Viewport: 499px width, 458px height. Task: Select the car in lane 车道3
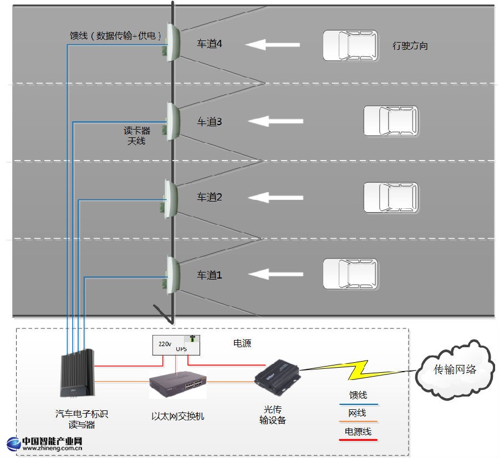[x=391, y=121]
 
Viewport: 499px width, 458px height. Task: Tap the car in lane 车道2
[x=391, y=197]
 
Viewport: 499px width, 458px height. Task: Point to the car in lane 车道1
[x=350, y=274]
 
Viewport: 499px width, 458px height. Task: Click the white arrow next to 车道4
[x=273, y=45]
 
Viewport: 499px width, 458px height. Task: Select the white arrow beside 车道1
[x=276, y=274]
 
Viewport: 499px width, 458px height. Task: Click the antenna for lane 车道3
[x=172, y=120]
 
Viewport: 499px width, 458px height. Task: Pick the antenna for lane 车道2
[x=171, y=198]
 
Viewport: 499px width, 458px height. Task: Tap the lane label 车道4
[x=210, y=44]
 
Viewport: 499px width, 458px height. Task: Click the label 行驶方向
[x=410, y=46]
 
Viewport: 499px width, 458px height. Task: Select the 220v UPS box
[x=176, y=344]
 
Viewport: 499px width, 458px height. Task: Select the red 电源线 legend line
[x=358, y=440]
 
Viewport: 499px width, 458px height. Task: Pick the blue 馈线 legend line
[x=358, y=404]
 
